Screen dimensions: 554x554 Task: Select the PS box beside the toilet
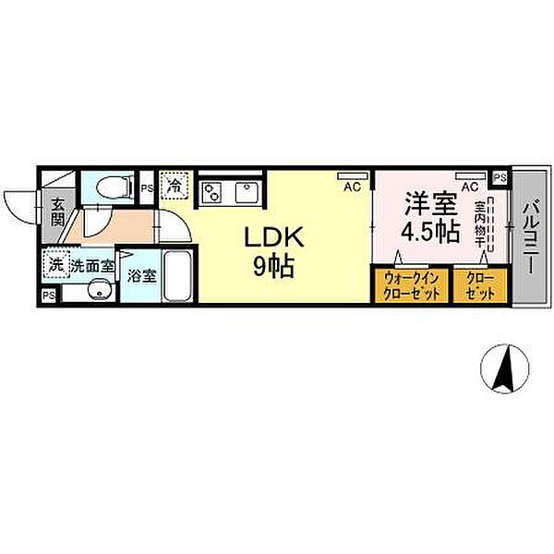click(146, 188)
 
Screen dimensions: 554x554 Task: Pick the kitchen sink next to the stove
click(246, 193)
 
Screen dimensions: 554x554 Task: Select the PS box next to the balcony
click(500, 178)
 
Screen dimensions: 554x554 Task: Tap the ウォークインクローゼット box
click(410, 285)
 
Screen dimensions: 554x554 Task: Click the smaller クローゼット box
click(479, 285)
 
